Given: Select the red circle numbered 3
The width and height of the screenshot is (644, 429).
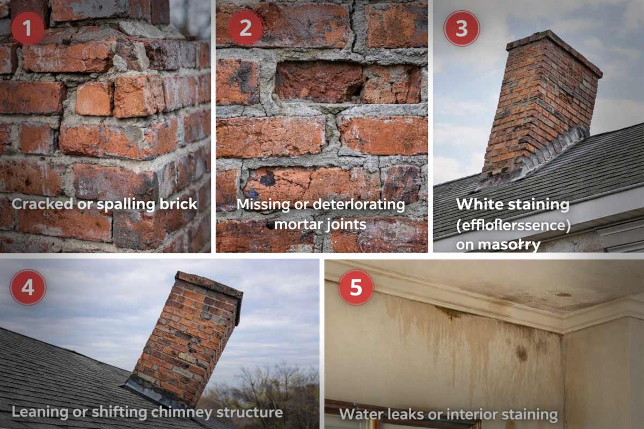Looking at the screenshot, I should [x=462, y=28].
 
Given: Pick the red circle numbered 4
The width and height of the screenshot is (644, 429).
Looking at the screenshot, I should [x=27, y=287].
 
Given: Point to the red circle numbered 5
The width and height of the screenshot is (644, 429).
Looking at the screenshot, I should [x=356, y=287].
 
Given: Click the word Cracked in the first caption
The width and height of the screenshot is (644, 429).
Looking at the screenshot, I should [x=39, y=204].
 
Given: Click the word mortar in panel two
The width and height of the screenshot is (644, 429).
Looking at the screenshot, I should [x=297, y=223].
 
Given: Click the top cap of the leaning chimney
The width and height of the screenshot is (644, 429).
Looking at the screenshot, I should [x=209, y=283].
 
